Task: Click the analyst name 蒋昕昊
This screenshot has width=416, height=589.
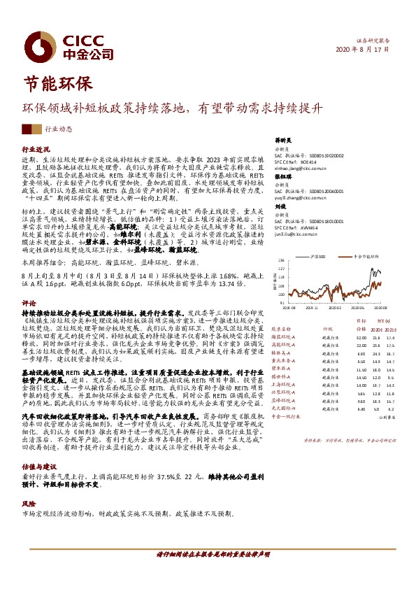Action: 282,140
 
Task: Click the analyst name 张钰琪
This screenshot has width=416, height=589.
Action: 282,177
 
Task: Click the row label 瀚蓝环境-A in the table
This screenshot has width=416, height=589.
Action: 283,336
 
